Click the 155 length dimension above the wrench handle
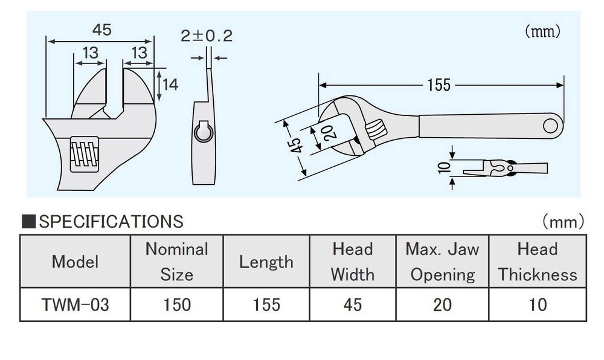tap(439, 85)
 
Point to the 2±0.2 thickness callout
tap(207, 36)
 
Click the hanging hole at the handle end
tap(551, 125)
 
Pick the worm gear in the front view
tap(84, 155)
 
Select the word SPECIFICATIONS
tap(111, 222)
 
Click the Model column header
tap(75, 262)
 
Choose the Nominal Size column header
tap(176, 262)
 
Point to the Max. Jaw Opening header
tap(442, 262)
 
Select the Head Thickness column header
tap(537, 262)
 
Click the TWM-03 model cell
tap(75, 304)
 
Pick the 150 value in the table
tap(176, 304)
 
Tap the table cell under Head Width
tap(352, 304)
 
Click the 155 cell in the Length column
tap(266, 304)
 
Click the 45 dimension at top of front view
tap(101, 30)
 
